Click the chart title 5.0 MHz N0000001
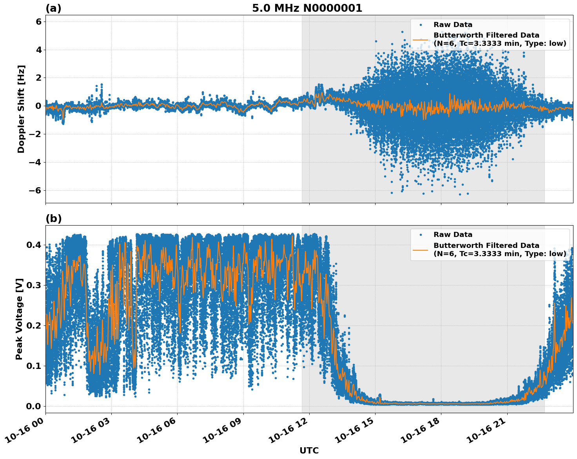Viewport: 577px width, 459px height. (x=307, y=8)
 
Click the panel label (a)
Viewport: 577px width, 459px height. (x=53, y=8)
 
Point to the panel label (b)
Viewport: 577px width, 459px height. (x=53, y=219)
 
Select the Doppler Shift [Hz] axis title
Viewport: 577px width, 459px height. (x=21, y=109)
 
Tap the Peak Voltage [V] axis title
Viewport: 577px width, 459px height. (x=19, y=319)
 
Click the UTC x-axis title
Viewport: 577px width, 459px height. (x=309, y=450)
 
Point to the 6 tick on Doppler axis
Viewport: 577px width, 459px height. (x=38, y=22)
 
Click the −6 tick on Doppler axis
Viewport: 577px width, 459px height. (x=36, y=191)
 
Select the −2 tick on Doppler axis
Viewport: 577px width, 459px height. (x=36, y=134)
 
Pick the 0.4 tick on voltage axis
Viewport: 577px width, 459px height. (x=34, y=245)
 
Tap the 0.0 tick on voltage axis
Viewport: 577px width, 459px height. (x=34, y=406)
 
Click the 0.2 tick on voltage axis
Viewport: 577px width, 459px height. (x=34, y=326)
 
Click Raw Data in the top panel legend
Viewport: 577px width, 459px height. (x=453, y=25)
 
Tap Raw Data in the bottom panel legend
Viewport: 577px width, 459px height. (x=453, y=235)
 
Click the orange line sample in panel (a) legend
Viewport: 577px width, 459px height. (x=421, y=40)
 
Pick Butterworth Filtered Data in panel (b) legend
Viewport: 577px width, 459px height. (x=486, y=246)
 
